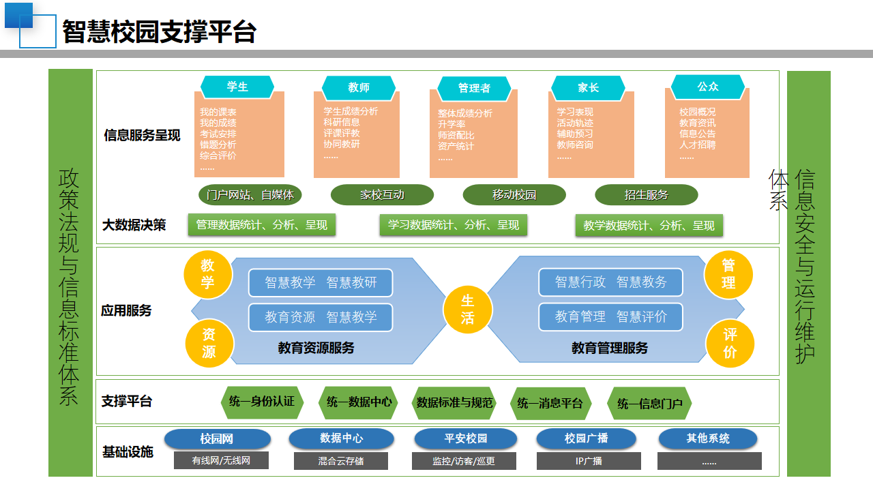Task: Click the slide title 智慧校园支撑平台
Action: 159,31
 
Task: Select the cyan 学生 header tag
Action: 237,87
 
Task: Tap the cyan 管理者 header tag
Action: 474,88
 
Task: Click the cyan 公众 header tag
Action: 708,87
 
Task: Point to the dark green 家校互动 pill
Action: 382,195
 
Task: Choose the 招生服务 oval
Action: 646,195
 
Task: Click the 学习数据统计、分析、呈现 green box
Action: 453,225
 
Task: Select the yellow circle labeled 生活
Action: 467,310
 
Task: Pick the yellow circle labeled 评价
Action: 730,343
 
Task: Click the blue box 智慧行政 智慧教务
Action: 610,282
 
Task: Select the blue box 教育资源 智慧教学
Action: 321,317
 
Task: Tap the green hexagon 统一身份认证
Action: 262,402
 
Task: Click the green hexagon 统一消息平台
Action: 550,403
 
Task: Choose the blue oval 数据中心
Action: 341,438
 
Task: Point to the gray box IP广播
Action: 589,461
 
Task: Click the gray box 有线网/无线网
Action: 221,460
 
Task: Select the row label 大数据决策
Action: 134,225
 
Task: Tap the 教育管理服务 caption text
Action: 610,348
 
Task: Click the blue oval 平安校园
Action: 466,438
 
